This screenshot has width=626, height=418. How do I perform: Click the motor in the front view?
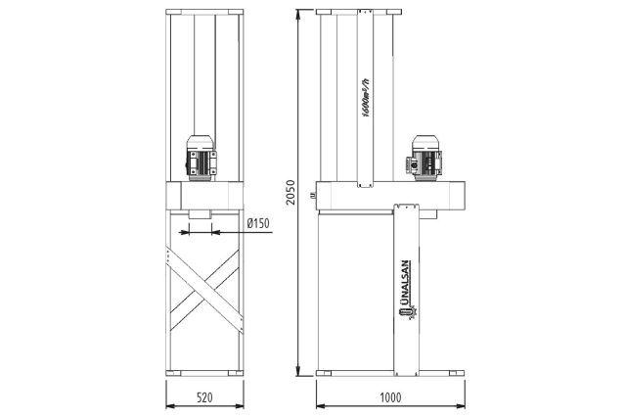[204, 158]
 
